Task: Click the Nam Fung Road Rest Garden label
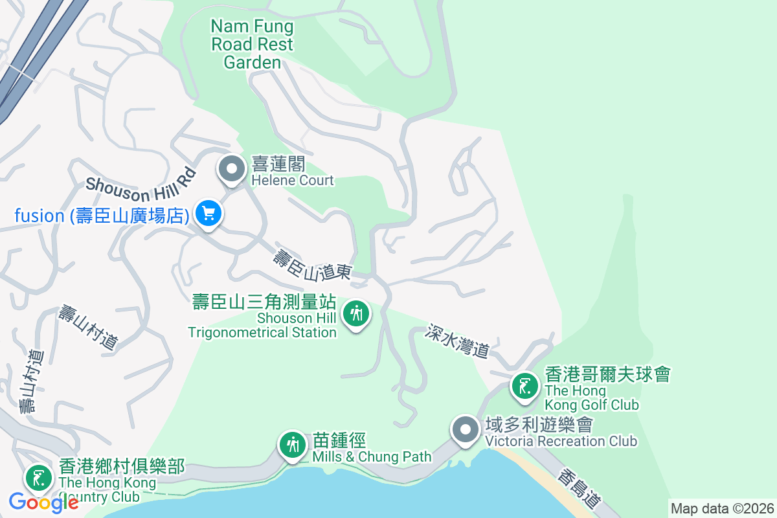(x=252, y=44)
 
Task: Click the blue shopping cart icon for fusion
(x=208, y=212)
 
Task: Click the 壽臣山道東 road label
(x=311, y=265)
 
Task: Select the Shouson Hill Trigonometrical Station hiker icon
(x=355, y=313)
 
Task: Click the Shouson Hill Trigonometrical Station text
(x=263, y=317)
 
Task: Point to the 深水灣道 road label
(x=457, y=341)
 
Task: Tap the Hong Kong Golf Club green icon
(x=524, y=387)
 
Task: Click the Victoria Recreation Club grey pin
(x=465, y=430)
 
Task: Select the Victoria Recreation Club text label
(x=561, y=433)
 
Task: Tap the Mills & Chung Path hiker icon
(x=293, y=445)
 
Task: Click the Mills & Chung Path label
(x=371, y=448)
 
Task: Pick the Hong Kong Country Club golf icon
(x=39, y=478)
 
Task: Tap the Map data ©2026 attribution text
(x=722, y=508)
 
